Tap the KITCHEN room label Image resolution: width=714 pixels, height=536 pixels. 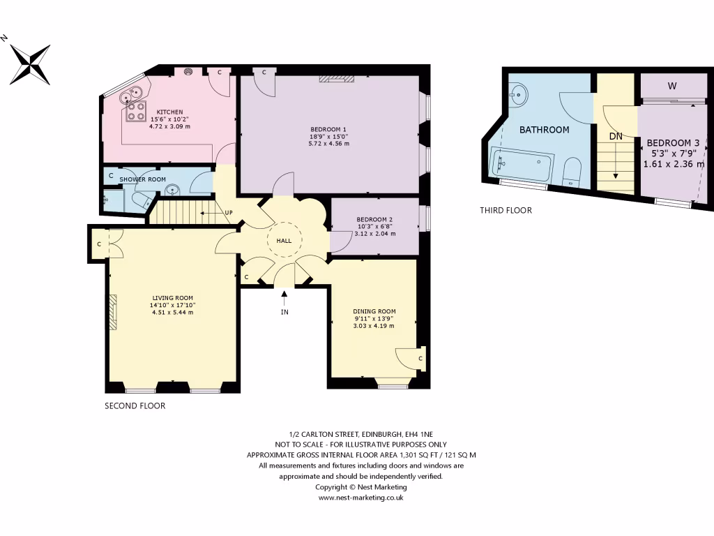(x=169, y=112)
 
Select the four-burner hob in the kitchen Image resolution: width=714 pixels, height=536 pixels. (x=135, y=112)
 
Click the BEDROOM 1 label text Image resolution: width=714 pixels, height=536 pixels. (x=328, y=129)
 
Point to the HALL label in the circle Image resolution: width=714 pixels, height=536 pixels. (x=284, y=240)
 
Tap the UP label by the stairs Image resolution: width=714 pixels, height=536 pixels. (x=228, y=212)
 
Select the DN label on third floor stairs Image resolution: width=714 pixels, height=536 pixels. (x=616, y=137)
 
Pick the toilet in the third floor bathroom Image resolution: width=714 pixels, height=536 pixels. (x=572, y=171)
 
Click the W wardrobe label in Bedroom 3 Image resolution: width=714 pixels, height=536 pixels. (x=672, y=87)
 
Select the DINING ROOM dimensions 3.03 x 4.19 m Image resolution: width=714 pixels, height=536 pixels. (x=374, y=326)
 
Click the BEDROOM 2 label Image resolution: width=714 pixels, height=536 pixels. (x=374, y=219)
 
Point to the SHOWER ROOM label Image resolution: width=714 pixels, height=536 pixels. (x=142, y=179)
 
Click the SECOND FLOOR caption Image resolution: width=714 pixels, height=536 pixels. (x=135, y=405)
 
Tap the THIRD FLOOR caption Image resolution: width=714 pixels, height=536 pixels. (x=506, y=210)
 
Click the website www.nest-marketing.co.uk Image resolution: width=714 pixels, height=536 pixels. (x=361, y=498)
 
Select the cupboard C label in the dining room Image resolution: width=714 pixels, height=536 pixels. (x=420, y=359)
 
